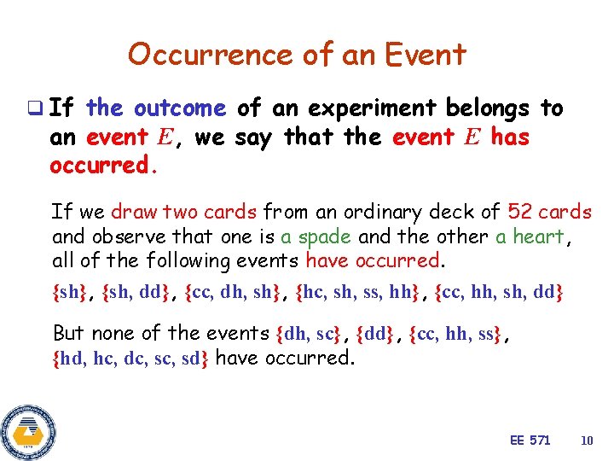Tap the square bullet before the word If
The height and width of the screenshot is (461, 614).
pos(33,108)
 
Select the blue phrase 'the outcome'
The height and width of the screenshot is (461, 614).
pos(156,108)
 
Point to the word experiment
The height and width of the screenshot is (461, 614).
pos(368,108)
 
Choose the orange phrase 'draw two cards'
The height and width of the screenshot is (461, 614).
pos(185,212)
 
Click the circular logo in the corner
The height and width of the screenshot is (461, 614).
pos(28,430)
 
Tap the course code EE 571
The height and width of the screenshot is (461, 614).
pos(530,441)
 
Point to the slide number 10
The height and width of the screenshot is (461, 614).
pos(586,441)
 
